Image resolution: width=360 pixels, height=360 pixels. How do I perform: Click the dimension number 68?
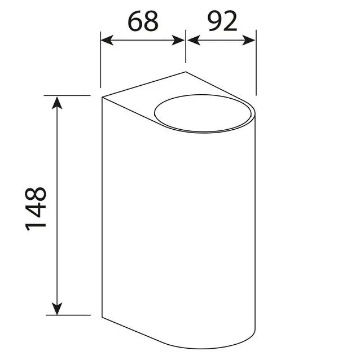pos(143,21)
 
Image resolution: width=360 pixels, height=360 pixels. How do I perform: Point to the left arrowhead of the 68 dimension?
pos(105,40)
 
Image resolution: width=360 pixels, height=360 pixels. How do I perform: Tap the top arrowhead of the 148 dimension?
pos(57,101)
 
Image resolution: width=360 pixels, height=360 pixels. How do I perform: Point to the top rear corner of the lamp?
pos(186,72)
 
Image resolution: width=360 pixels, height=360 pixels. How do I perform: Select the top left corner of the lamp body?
pos(102,97)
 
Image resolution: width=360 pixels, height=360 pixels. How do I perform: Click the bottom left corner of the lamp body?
pos(102,318)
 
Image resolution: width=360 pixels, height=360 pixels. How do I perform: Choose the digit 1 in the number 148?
pos(36,225)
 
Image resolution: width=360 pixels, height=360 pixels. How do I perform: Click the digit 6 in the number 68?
pos(135,21)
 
